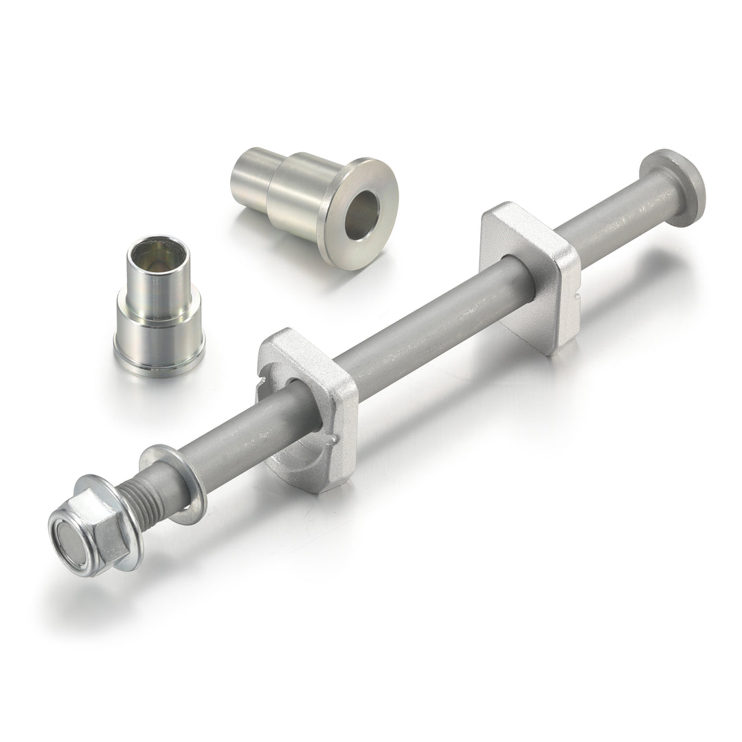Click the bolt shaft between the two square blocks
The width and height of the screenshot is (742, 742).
426,330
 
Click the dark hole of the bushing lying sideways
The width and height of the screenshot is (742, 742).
361,214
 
